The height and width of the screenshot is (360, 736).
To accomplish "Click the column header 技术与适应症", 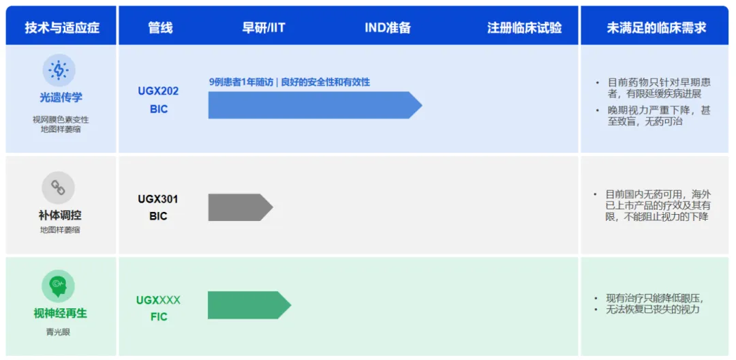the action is tap(62, 28).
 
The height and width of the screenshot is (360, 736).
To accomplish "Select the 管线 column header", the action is tap(161, 28).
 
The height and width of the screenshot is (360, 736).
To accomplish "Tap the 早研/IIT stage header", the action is tap(263, 28).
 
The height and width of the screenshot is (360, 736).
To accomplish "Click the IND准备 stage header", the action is tap(388, 28).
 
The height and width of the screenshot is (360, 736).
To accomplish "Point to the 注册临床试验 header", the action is tap(524, 28).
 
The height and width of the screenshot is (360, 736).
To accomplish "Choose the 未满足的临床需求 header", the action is tap(656, 28).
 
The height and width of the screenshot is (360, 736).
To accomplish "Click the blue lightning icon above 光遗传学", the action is tap(59, 70).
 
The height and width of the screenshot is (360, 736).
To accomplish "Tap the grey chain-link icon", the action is tap(58, 187).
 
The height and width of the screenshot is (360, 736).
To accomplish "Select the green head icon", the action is tap(58, 286).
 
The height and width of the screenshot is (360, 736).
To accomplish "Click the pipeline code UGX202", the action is tap(158, 91).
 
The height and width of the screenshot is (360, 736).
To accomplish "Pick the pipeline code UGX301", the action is tap(158, 199).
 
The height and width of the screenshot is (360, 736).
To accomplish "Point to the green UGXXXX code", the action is tap(158, 300).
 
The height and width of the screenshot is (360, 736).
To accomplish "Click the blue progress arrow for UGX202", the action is tap(315, 105).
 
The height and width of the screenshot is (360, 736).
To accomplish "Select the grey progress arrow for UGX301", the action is tap(241, 207).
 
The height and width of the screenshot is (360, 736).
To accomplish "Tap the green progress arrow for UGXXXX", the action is tap(249, 305).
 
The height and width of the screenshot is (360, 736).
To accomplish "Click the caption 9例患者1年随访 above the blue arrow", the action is tap(241, 82).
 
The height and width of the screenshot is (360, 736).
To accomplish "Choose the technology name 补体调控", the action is tap(60, 215).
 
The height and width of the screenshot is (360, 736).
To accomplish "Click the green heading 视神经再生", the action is tap(60, 314).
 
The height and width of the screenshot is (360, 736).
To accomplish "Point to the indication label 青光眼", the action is tap(58, 333).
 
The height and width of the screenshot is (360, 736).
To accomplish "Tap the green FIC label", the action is tap(159, 317).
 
